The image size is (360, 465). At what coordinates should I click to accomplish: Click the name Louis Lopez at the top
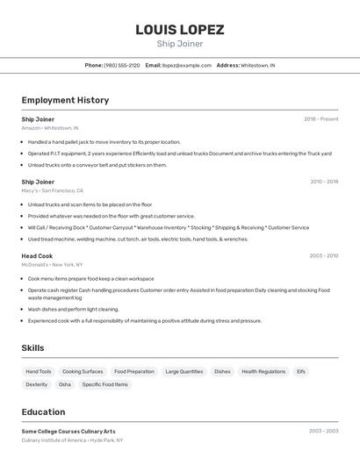(179, 30)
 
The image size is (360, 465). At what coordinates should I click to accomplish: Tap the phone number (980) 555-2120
(121, 65)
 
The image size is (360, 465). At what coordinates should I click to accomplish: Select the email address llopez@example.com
(186, 65)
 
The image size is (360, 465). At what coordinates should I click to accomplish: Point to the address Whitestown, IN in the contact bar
(257, 65)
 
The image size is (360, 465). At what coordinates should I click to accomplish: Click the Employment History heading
(65, 100)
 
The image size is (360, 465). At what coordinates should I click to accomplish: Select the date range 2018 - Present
(320, 118)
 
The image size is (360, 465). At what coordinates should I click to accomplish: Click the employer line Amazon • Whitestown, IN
(50, 128)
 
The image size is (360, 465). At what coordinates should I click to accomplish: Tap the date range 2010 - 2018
(324, 182)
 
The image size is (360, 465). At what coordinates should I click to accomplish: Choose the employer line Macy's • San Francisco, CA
(52, 190)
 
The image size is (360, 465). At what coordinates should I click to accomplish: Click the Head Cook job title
(37, 256)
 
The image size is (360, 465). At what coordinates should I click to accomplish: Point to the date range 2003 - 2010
(324, 256)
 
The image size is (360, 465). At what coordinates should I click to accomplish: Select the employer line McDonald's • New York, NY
(52, 264)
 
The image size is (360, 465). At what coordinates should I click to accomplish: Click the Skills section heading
(32, 348)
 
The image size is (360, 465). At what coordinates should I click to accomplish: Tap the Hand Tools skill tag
(39, 371)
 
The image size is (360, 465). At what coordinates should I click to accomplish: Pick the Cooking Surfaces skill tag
(83, 371)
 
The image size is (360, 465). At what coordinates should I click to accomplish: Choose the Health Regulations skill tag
(263, 371)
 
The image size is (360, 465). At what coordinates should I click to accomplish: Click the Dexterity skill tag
(37, 384)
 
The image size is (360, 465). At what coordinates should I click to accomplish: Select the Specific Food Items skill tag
(104, 384)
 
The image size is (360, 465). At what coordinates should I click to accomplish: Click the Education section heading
(43, 412)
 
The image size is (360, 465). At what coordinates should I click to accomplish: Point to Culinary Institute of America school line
(72, 440)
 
